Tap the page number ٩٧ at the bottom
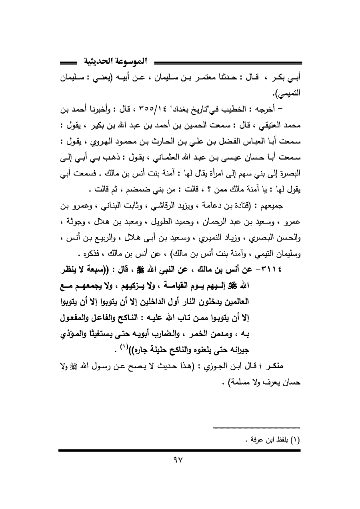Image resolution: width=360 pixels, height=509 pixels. (x=180, y=467)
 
